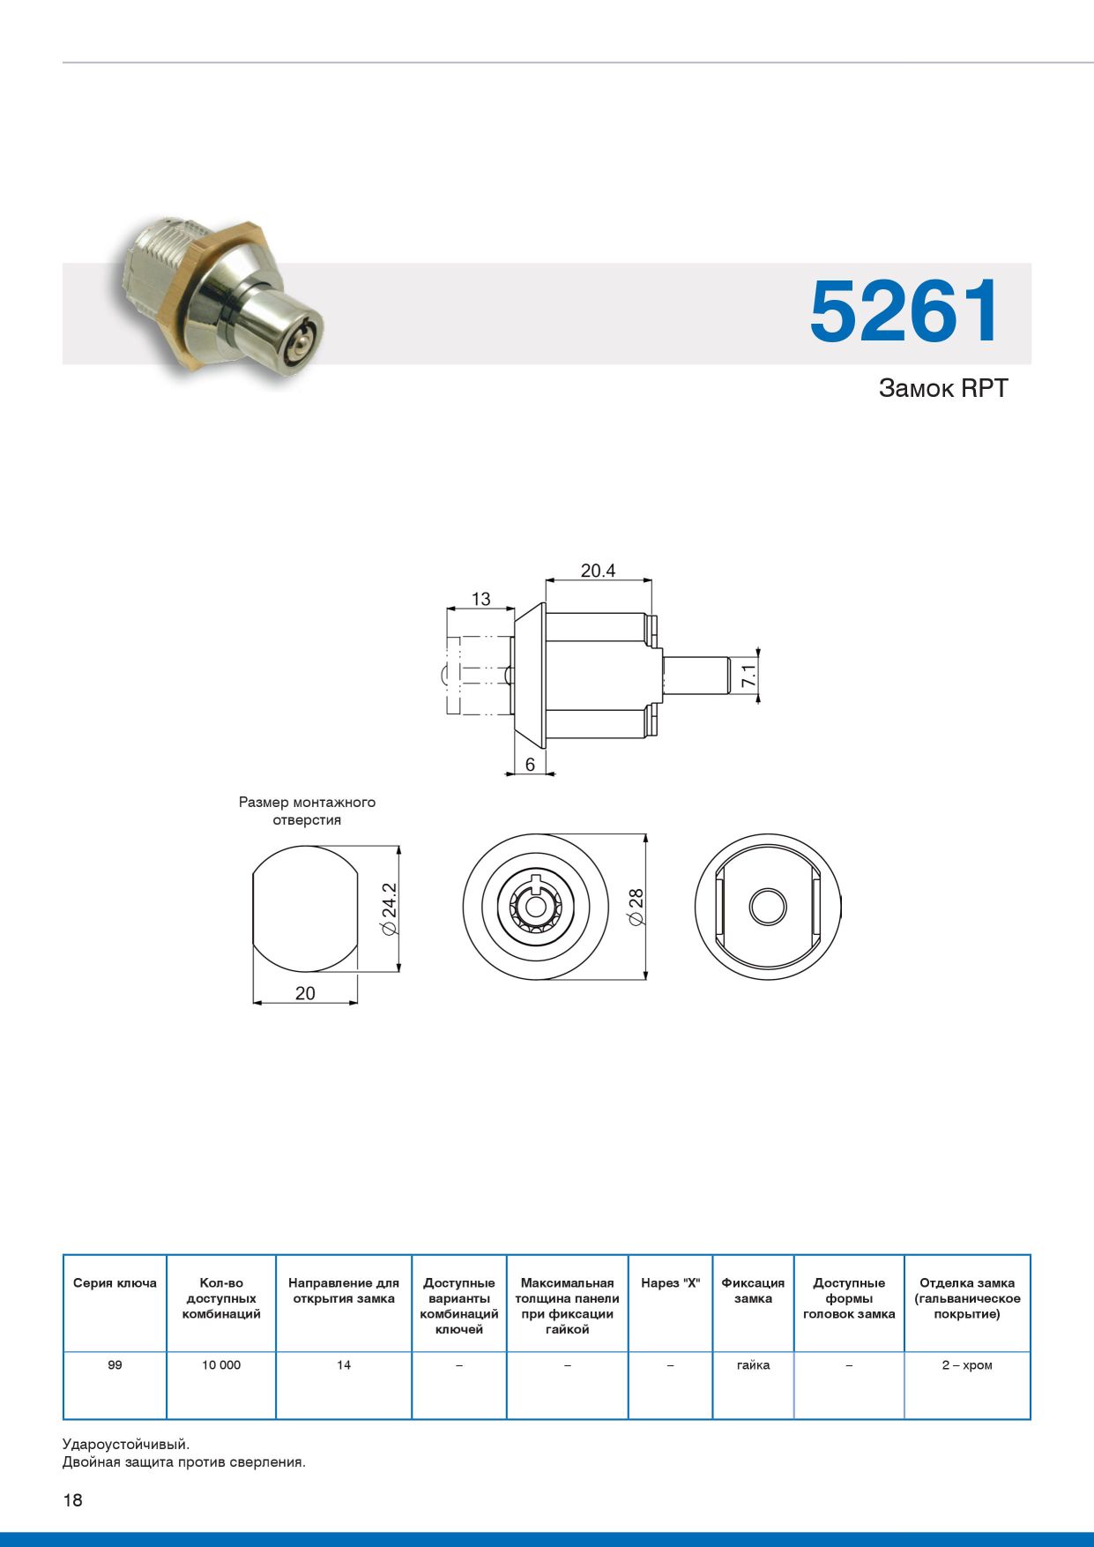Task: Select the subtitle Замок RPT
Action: point(942,388)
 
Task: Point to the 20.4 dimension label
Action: point(598,571)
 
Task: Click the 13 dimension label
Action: point(480,599)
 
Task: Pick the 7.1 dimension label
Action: point(748,676)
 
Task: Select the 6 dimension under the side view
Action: point(530,765)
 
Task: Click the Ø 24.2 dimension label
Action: point(389,909)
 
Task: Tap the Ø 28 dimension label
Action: point(636,908)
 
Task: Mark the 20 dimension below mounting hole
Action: point(305,993)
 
